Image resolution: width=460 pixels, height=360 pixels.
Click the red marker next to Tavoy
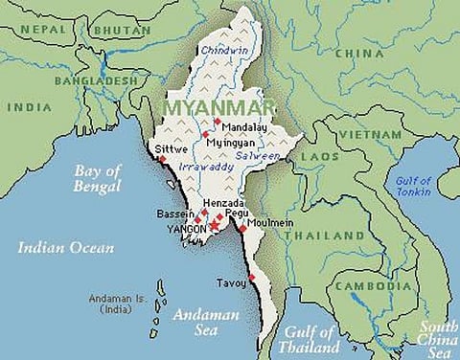click(x=252, y=278)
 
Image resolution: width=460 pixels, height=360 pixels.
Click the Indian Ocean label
click(x=65, y=248)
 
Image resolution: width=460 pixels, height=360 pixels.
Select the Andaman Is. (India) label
click(x=116, y=304)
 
